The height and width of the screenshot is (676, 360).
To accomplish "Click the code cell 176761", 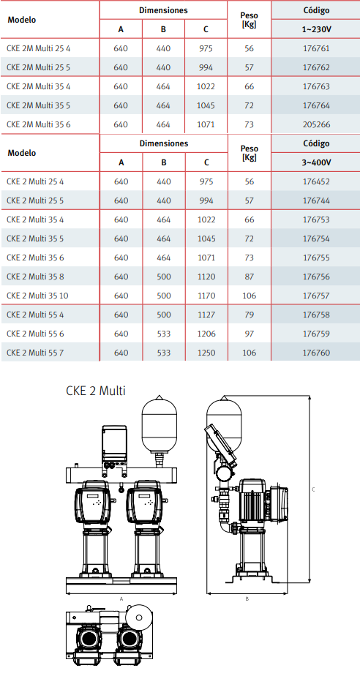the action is pyautogui.click(x=316, y=49).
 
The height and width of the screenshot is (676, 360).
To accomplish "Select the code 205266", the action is pyautogui.click(x=316, y=124).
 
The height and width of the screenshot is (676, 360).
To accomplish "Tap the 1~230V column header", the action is pyautogui.click(x=316, y=29).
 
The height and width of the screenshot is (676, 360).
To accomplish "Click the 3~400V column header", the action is pyautogui.click(x=316, y=162).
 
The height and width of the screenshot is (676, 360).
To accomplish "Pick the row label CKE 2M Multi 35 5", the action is pyautogui.click(x=38, y=105).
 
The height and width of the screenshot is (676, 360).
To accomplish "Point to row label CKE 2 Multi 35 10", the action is pyautogui.click(x=37, y=296).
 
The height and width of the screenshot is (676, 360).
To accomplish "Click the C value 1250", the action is pyautogui.click(x=206, y=353).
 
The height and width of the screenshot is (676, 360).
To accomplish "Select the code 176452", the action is pyautogui.click(x=316, y=181).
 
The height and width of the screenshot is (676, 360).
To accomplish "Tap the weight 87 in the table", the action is pyautogui.click(x=250, y=277).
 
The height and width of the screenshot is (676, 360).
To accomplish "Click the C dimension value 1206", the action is pyautogui.click(x=206, y=334).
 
